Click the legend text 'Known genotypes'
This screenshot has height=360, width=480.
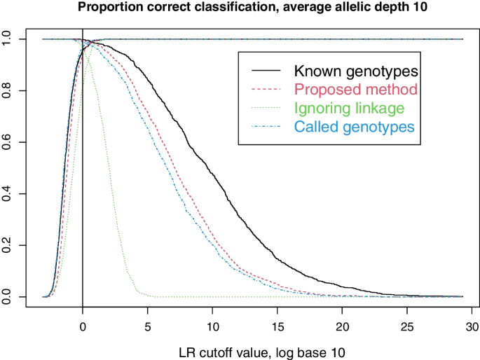(356, 71)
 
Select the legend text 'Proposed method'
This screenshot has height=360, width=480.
(356, 90)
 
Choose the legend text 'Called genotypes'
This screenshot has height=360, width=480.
(355, 127)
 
